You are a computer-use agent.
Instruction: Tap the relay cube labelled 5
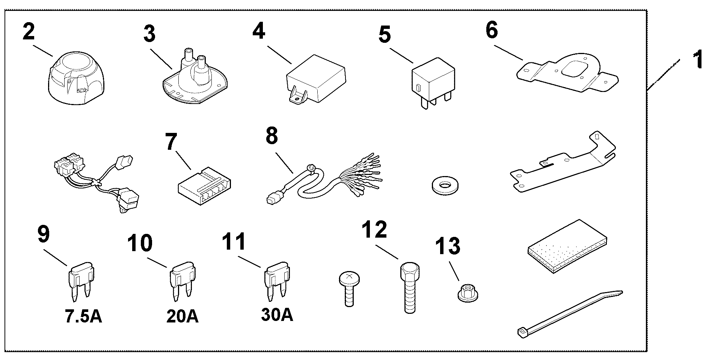[433, 83]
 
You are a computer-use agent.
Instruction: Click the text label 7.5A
[83, 316]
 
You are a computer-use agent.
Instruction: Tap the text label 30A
[277, 315]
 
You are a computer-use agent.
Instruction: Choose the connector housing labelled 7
[204, 186]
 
